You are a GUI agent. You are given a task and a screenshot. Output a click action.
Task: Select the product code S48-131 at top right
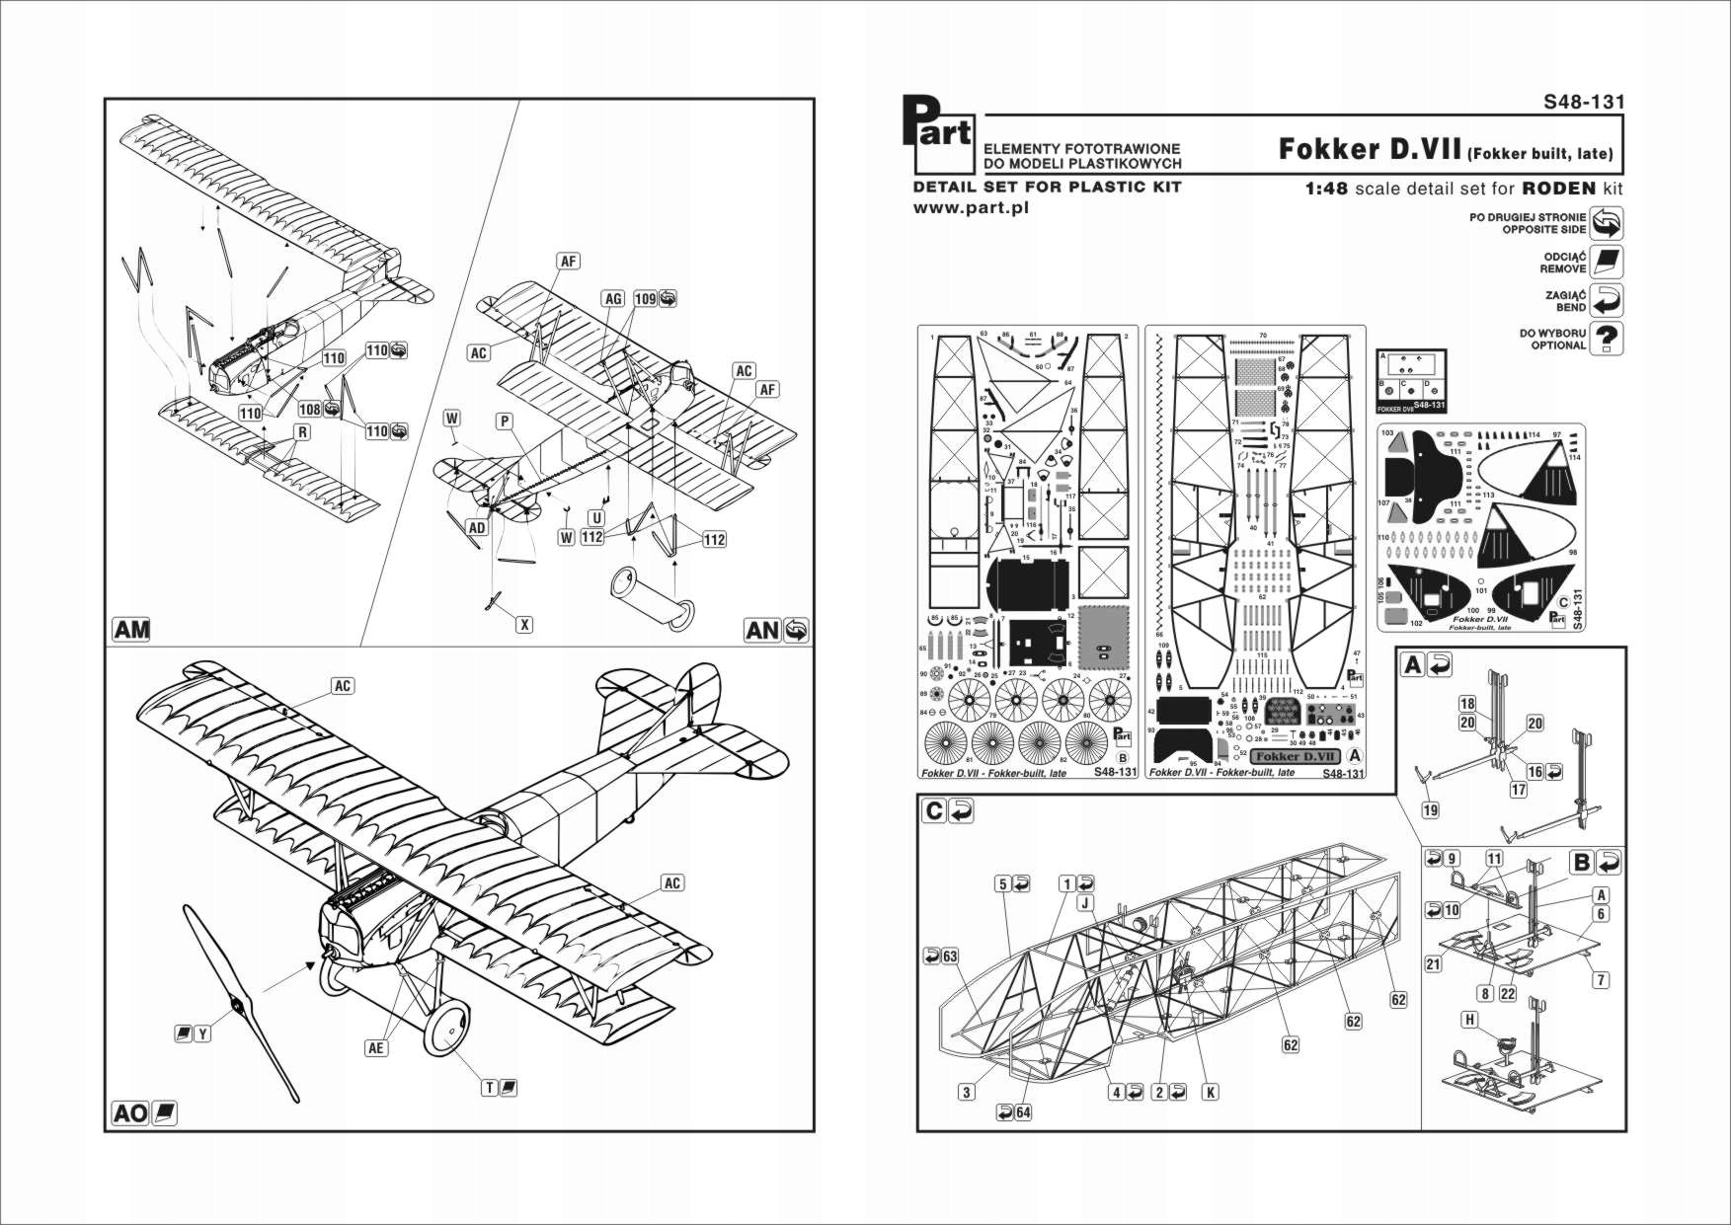tap(1584, 102)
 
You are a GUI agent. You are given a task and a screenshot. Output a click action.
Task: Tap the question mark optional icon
tap(1608, 339)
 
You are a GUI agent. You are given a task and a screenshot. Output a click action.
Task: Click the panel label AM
tap(131, 630)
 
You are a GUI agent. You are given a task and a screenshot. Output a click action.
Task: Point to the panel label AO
tap(130, 1113)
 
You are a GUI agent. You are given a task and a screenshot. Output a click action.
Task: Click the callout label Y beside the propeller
tap(202, 1034)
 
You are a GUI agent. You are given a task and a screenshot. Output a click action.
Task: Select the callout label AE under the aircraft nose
tap(375, 1048)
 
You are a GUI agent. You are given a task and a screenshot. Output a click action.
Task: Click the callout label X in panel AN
tap(525, 625)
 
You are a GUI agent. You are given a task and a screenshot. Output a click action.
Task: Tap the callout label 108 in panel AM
tap(310, 409)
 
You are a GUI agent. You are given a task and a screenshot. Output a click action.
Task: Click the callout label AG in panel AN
tap(613, 299)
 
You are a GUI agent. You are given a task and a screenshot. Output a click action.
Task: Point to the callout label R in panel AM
tap(302, 432)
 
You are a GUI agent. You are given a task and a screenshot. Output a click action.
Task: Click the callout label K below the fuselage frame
tap(1210, 1092)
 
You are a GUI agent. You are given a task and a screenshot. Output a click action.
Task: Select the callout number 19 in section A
tap(1430, 810)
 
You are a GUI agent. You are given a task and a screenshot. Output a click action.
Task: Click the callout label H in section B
tap(1470, 1020)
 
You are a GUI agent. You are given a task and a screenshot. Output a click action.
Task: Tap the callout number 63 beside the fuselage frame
tap(950, 956)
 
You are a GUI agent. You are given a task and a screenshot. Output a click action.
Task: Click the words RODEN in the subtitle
tap(1558, 189)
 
